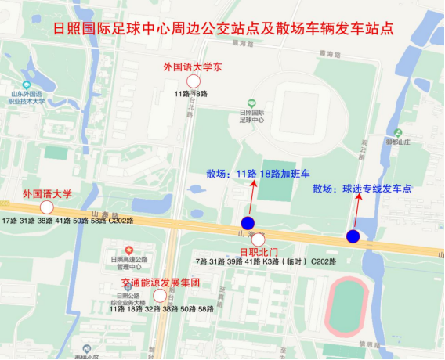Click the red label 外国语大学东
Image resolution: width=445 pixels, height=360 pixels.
coord(193,67)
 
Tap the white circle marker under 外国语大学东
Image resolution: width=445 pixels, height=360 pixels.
coord(193,81)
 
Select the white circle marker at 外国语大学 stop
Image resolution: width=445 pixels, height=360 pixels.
coord(46,207)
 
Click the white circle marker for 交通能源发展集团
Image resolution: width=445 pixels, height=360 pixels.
coord(160,296)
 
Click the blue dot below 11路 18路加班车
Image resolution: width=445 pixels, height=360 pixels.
coord(248,223)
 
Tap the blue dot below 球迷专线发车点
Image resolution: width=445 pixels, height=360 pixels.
coord(353,236)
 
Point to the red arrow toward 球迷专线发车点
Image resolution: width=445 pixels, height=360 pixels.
coord(357,212)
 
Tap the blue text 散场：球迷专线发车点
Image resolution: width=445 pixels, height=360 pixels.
coord(362,189)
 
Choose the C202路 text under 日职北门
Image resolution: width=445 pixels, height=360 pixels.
coord(323,261)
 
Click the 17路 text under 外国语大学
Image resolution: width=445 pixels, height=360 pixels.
coord(9,221)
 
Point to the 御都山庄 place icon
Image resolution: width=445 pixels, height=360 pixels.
coord(397,132)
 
